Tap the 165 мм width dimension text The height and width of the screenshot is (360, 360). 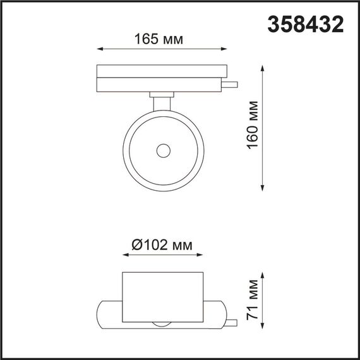[x=159, y=39]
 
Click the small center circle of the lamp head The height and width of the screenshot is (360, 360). [x=163, y=150]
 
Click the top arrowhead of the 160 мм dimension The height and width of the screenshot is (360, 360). [x=264, y=65]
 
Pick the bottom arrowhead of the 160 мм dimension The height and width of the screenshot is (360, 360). [x=264, y=188]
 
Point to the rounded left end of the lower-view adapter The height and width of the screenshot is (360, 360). [x=105, y=312]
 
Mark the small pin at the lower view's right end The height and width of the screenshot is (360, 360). [x=234, y=322]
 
